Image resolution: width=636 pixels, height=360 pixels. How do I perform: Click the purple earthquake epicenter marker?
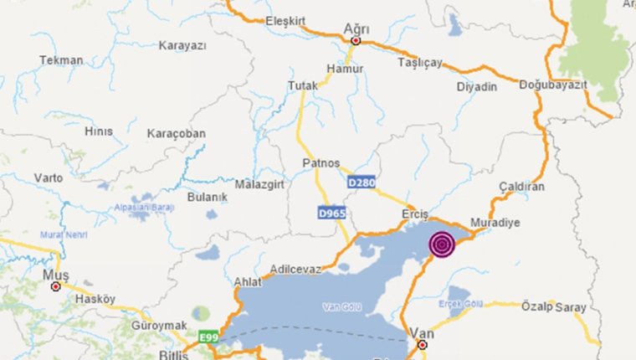[442, 244]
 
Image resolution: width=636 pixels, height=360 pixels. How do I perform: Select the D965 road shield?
[331, 213]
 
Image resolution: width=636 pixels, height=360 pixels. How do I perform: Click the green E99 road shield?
[208, 337]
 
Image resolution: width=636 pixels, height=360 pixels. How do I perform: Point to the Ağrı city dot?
[356, 40]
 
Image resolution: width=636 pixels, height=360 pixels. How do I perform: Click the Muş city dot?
[56, 286]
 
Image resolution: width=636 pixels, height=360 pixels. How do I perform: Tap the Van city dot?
[422, 344]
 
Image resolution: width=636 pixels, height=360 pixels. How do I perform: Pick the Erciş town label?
[415, 214]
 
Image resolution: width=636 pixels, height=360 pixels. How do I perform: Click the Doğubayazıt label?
[553, 85]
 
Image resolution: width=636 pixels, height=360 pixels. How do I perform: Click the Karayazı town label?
[182, 46]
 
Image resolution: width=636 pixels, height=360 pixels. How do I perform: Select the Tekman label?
[62, 60]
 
